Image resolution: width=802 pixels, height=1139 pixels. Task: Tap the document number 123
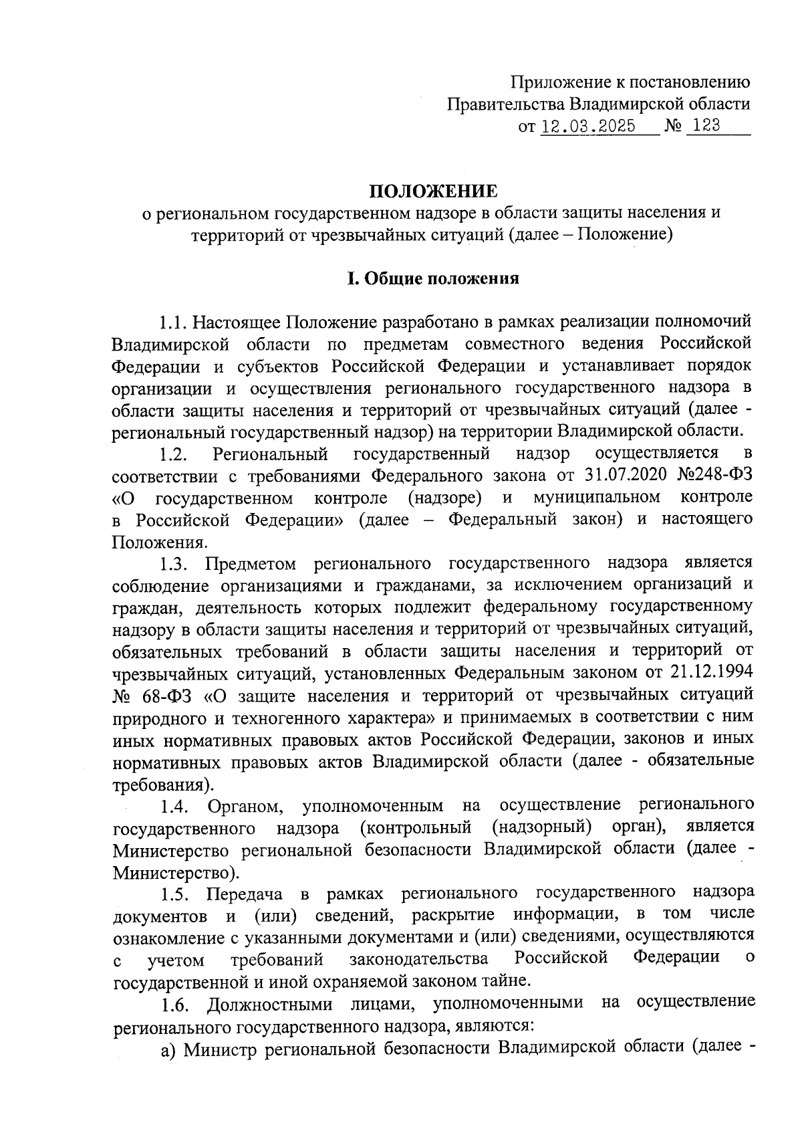click(x=702, y=125)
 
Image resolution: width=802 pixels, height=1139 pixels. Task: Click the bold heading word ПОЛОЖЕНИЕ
click(x=434, y=191)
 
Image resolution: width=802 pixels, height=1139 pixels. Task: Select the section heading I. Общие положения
click(x=432, y=278)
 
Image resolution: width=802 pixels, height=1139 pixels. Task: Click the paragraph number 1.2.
click(x=173, y=455)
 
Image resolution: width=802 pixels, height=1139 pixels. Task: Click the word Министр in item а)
click(x=221, y=1047)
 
